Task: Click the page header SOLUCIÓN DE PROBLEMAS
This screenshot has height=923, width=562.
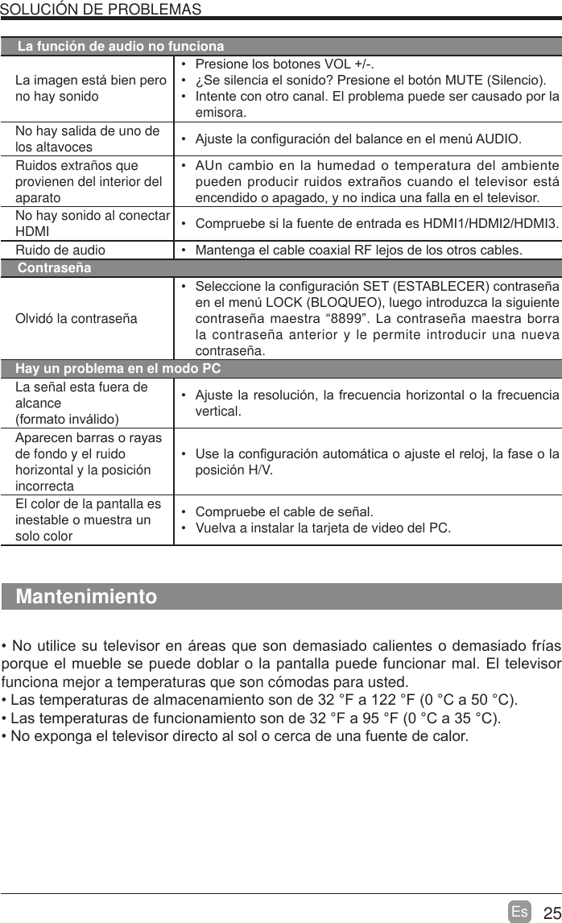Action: point(101,9)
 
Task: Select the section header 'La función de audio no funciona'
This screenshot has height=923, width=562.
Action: point(121,46)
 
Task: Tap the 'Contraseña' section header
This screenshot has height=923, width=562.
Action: point(54,267)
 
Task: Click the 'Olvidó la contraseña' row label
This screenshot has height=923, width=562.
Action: point(76,318)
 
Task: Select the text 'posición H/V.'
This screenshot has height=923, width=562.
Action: point(234,470)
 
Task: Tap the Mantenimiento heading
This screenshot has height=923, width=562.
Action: point(87,597)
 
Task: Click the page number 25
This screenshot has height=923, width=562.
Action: point(551,913)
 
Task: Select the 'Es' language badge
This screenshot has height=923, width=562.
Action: point(520,912)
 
